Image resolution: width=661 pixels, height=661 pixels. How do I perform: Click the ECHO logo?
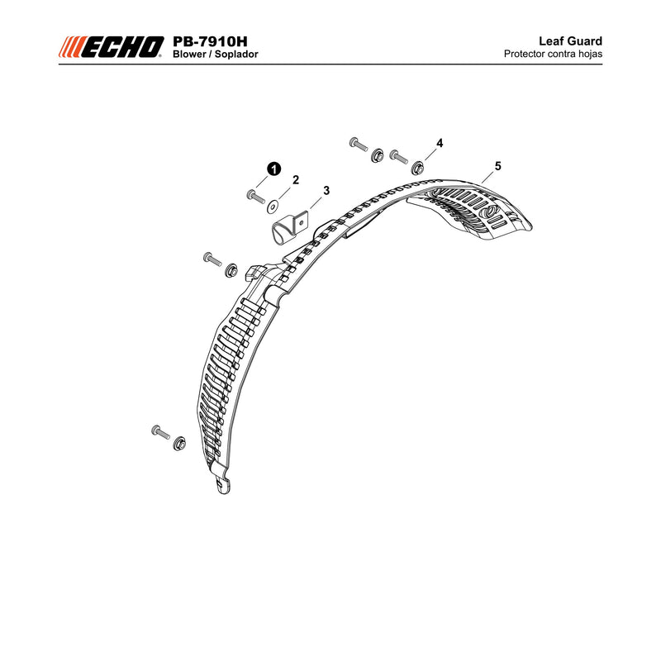pos(111,47)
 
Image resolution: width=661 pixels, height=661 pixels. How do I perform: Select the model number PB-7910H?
pos(210,41)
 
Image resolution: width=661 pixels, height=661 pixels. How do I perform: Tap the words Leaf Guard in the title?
pos(570,40)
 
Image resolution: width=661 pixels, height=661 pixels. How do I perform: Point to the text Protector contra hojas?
pos(553,54)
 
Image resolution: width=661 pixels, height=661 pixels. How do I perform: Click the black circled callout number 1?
pos(274,169)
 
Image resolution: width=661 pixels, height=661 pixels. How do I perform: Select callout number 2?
pos(296,180)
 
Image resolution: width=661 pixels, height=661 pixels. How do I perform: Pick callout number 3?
pos(326,191)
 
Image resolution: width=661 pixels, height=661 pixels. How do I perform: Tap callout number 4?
pos(440,143)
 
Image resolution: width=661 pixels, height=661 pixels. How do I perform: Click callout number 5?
pos(498,166)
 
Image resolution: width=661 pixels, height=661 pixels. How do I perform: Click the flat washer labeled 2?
pos(273,207)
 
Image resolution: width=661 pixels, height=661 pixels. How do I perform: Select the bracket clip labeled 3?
pos(289,228)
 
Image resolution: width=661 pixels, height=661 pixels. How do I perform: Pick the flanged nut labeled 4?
pos(418,168)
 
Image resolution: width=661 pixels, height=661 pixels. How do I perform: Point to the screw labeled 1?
pos(255,197)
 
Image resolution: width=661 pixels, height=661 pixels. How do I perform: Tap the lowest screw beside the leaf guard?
pos(160,431)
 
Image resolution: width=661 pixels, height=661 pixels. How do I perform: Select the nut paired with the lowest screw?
pos(179,443)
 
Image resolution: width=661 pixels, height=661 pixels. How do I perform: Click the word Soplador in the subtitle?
pos(236,55)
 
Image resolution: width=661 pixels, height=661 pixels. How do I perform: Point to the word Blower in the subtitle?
pos(189,55)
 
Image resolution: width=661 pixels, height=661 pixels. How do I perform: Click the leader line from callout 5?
pos(487,177)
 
